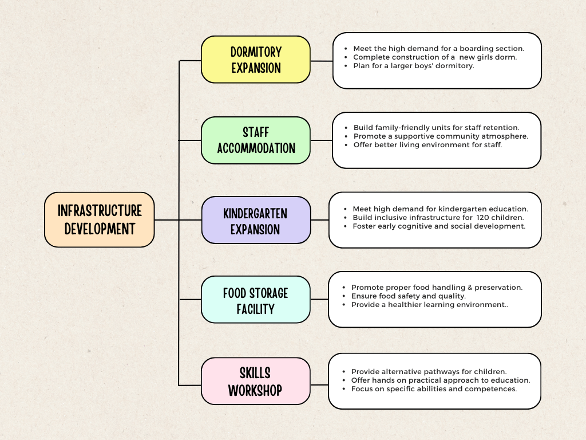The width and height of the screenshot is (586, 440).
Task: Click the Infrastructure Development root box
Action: pyautogui.click(x=99, y=219)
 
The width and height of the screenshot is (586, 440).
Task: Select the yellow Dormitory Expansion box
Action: pyautogui.click(x=255, y=60)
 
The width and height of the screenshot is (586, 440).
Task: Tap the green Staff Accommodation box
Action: pyautogui.click(x=255, y=140)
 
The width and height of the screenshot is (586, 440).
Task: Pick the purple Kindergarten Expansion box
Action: pyautogui.click(x=255, y=220)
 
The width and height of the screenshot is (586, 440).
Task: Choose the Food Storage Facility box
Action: pyautogui.click(x=255, y=300)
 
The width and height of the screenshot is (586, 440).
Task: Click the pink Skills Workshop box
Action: pyautogui.click(x=255, y=381)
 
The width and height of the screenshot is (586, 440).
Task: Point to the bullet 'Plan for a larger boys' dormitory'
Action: pyautogui.click(x=414, y=66)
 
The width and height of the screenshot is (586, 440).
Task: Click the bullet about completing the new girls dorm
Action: pyautogui.click(x=435, y=57)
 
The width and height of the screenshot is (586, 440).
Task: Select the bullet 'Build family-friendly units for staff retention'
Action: pyautogui.click(x=436, y=128)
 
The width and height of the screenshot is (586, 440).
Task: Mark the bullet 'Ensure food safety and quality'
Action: pyautogui.click(x=408, y=296)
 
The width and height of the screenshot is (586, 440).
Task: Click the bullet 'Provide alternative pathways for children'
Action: pyautogui.click(x=429, y=372)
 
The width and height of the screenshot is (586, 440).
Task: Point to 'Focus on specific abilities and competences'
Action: pyautogui.click(x=434, y=389)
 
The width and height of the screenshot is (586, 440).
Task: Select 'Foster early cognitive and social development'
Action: pyautogui.click(x=439, y=226)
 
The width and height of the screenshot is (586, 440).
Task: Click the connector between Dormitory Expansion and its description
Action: pyautogui.click(x=322, y=61)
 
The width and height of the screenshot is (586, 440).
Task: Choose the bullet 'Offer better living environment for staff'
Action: pyautogui.click(x=427, y=145)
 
